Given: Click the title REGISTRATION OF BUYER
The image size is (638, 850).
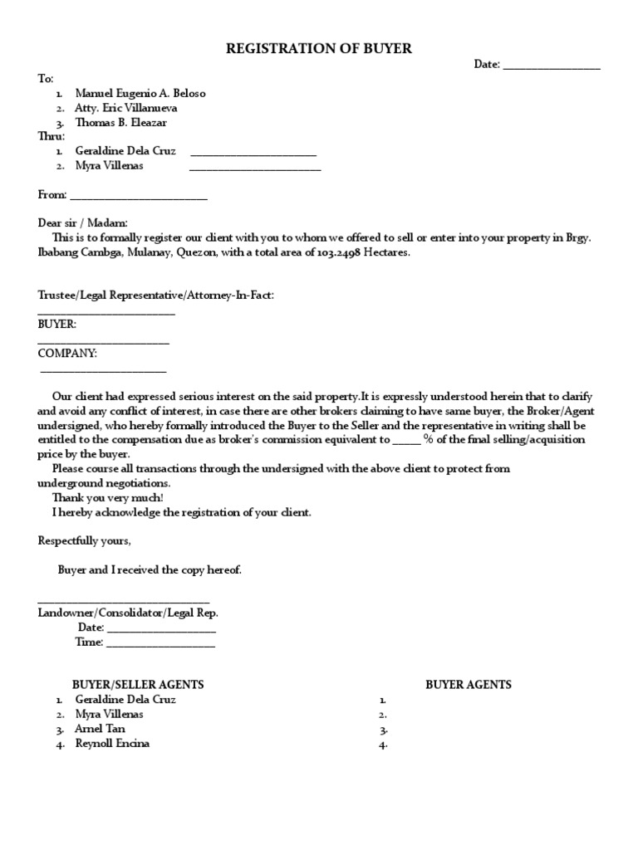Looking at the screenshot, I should coord(319,49).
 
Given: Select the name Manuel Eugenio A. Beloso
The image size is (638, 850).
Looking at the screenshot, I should coord(140,93).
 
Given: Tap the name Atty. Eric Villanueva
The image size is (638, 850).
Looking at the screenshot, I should coord(125,108).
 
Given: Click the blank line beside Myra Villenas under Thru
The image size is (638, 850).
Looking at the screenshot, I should coord(255,169).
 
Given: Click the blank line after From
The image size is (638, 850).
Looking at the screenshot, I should coord(139,198).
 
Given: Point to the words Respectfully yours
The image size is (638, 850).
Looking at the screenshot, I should coord(85,540).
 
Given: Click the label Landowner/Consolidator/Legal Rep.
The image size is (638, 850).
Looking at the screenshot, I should coord(129,613).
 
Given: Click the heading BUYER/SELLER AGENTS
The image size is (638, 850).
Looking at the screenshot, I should coord(139,684).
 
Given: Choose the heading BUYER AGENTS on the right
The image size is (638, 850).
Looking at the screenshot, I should coord(469,684).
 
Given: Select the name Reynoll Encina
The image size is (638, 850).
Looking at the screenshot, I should coord(113,743).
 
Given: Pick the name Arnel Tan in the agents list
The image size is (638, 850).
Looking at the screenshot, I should coord(100,728).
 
